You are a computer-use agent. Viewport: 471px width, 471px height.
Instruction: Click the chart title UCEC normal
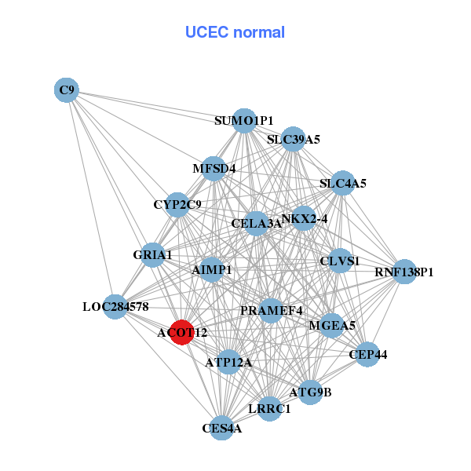(x=235, y=32)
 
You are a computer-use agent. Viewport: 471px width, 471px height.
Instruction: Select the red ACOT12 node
(x=182, y=332)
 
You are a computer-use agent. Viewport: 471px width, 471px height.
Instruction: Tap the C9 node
(x=67, y=90)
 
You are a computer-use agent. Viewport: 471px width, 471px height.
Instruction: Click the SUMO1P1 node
(x=244, y=120)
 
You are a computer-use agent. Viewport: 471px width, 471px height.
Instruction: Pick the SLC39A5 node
(x=293, y=140)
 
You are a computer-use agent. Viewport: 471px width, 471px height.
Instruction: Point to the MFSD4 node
(x=214, y=168)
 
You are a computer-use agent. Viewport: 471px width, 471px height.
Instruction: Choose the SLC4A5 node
(x=343, y=184)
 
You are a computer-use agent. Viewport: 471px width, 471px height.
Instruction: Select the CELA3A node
(x=256, y=224)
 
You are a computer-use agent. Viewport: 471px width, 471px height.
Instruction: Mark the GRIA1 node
(x=152, y=255)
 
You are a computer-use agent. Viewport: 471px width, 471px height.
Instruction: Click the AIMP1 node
(x=212, y=269)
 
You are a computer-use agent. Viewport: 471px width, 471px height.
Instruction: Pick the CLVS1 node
(x=340, y=261)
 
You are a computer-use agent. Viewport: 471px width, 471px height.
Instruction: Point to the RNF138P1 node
(x=403, y=272)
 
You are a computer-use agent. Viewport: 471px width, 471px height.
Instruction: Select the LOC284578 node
(x=115, y=306)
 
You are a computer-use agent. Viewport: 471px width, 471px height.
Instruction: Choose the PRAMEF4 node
(x=271, y=310)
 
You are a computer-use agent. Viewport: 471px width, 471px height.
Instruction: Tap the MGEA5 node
(x=332, y=325)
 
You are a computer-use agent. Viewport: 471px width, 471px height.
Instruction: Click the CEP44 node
(x=367, y=355)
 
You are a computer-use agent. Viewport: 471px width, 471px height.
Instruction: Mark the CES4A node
(x=222, y=428)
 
